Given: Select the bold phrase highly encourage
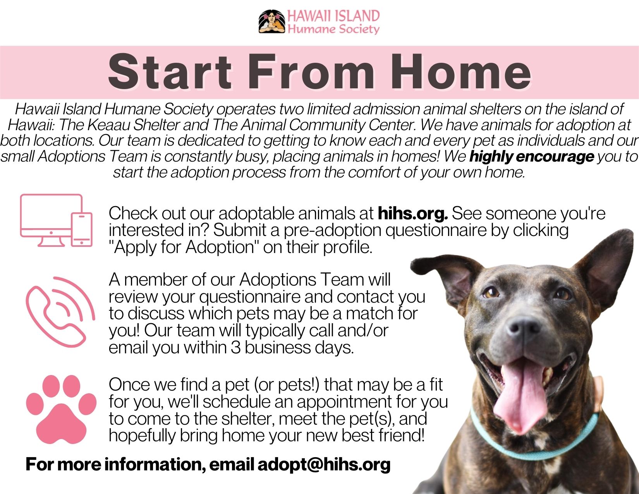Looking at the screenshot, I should coord(531,157).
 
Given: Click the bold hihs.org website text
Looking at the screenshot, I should coord(412,213).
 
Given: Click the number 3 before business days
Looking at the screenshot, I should coord(235,347).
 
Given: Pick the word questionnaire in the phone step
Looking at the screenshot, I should coord(250,297).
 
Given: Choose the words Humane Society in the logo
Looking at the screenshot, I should coord(333,29).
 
